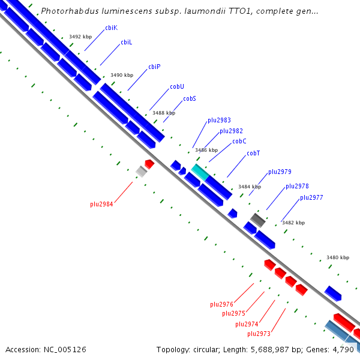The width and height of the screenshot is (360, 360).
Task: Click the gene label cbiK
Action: click(x=111, y=28)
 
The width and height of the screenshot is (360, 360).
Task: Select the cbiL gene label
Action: click(x=126, y=43)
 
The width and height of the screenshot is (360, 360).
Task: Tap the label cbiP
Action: click(x=154, y=67)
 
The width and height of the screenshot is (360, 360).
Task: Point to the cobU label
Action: click(x=176, y=86)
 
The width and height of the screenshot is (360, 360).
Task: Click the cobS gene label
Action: click(x=190, y=98)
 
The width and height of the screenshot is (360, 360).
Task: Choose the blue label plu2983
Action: click(x=219, y=120)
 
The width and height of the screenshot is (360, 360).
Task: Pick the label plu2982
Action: click(x=231, y=131)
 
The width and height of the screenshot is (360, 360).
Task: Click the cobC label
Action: click(x=239, y=142)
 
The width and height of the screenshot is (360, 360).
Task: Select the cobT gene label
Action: click(x=253, y=154)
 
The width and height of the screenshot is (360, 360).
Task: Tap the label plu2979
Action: click(x=280, y=172)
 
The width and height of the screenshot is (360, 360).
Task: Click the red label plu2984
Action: click(x=101, y=204)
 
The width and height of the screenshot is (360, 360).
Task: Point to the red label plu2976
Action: click(x=221, y=304)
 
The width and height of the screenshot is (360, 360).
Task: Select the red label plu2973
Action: click(x=259, y=334)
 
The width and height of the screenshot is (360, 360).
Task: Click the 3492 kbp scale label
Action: click(x=80, y=37)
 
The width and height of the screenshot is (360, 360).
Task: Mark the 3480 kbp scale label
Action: click(x=338, y=257)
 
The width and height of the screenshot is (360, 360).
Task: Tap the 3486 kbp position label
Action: click(x=206, y=150)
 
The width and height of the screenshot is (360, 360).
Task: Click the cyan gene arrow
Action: click(x=200, y=172)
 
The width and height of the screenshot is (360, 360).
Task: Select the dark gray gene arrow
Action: click(x=258, y=220)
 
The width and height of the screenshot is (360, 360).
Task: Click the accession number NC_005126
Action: click(x=46, y=349)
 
